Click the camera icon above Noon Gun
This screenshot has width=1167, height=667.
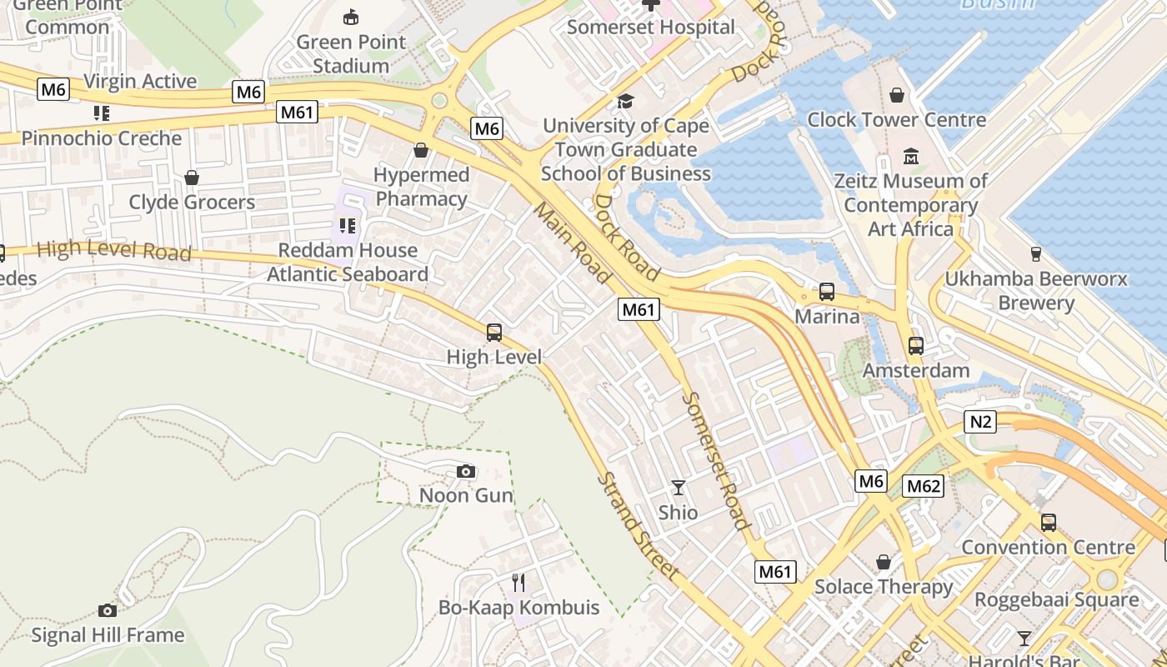(466, 472)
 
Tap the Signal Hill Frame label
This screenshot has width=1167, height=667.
(108, 635)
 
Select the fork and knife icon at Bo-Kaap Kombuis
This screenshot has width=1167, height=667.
(518, 581)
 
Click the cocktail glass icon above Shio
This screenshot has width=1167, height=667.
(679, 487)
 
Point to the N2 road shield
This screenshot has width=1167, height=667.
(981, 423)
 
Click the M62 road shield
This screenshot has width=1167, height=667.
(924, 486)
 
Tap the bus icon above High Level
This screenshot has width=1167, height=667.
(494, 333)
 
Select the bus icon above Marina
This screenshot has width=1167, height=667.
(826, 292)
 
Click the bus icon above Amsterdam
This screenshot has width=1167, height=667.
(916, 345)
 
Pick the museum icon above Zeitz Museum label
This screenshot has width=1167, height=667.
(911, 156)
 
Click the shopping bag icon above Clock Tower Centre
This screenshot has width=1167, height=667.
(897, 95)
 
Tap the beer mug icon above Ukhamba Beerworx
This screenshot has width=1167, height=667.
(1036, 253)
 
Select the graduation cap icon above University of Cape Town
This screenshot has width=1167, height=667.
(625, 102)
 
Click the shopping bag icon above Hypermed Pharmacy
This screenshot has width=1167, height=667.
(421, 151)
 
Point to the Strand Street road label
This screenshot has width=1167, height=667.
(638, 527)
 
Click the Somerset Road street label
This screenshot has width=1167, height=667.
(715, 460)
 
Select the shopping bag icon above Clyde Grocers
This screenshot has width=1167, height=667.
(192, 178)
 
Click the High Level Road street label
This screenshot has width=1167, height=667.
(114, 250)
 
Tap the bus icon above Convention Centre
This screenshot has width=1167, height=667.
(1048, 523)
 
